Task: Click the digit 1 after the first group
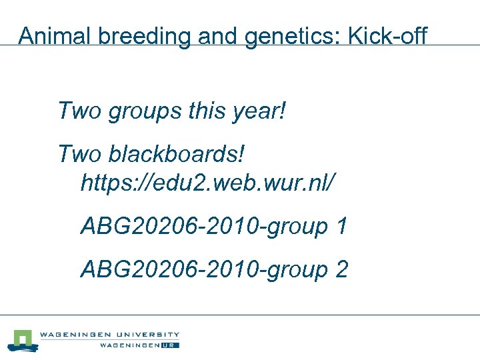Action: pyautogui.click(x=341, y=227)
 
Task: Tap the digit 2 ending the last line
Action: pyautogui.click(x=341, y=270)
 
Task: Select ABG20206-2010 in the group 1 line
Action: pyautogui.click(x=172, y=227)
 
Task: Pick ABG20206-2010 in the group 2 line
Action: pyautogui.click(x=172, y=270)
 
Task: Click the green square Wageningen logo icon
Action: pyautogui.click(x=24, y=340)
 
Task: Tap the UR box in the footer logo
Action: pyautogui.click(x=170, y=345)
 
